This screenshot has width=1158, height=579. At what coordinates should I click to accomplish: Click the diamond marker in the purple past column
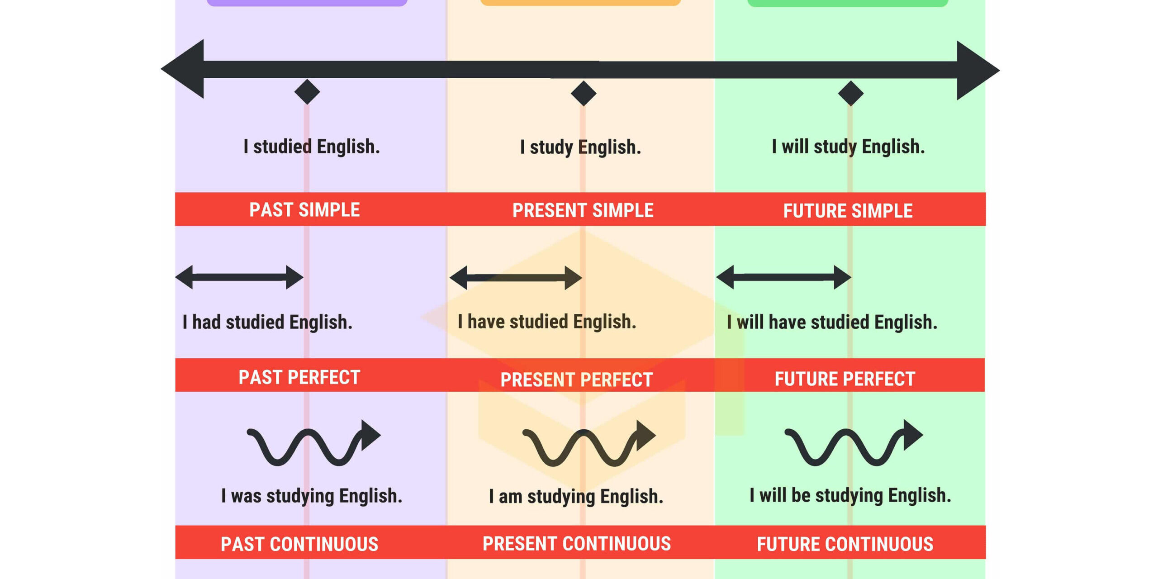(307, 92)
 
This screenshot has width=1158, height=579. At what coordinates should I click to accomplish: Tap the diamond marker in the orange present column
(584, 93)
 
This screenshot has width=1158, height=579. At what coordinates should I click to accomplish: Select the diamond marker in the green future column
(851, 93)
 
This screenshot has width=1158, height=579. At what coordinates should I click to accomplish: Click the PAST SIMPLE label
(304, 210)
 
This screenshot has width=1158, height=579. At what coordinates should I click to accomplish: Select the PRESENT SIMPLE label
(583, 210)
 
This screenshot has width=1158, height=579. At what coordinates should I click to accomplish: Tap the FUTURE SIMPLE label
(848, 211)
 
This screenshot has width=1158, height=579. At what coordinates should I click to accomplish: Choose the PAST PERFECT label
(299, 377)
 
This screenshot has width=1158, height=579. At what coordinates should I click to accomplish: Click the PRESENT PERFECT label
(576, 380)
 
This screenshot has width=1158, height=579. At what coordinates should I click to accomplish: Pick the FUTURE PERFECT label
(845, 379)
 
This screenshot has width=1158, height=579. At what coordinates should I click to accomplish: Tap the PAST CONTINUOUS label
(299, 544)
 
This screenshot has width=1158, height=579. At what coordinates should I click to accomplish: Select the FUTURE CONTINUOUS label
(845, 544)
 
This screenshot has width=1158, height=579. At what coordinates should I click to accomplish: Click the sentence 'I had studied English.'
(267, 322)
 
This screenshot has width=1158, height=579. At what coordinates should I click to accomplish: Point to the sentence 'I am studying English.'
(576, 497)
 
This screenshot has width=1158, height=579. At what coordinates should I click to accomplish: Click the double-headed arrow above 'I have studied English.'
(516, 277)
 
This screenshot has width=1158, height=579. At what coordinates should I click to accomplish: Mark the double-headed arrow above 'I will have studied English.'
(783, 277)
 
